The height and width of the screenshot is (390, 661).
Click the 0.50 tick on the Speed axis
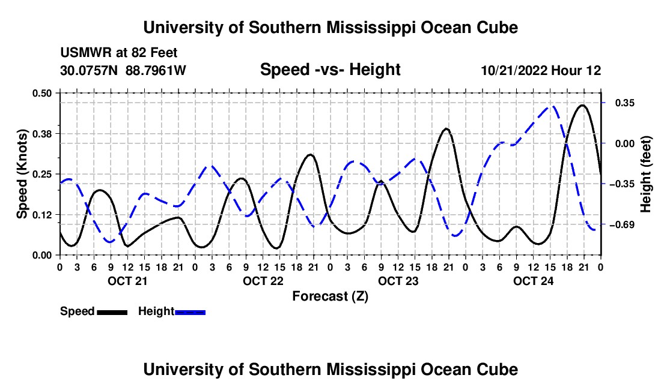click(x=41, y=93)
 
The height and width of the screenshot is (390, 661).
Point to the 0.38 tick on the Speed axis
click(x=41, y=134)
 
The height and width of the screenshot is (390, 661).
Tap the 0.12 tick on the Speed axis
click(x=41, y=215)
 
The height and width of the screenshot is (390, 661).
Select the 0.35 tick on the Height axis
click(x=625, y=103)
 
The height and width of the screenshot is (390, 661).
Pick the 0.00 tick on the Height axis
click(x=625, y=144)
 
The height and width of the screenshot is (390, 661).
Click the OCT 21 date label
click(x=127, y=281)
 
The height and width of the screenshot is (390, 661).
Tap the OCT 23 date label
click(x=398, y=281)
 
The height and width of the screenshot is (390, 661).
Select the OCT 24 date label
click(x=533, y=281)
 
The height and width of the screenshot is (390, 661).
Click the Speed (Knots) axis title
click(x=22, y=174)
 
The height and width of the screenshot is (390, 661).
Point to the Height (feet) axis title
click(x=645, y=174)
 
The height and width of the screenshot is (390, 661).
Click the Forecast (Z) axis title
click(x=330, y=296)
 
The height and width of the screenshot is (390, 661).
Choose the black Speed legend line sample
click(x=112, y=313)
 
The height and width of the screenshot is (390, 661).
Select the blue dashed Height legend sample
click(x=190, y=313)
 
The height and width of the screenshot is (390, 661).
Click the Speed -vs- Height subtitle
click(x=330, y=70)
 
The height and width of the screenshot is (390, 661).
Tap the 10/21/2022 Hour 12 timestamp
click(x=541, y=70)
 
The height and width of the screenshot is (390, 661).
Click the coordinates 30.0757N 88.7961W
click(x=123, y=70)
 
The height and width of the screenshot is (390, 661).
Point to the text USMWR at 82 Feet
click(x=119, y=53)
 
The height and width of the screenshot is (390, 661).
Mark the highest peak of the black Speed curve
click(x=583, y=105)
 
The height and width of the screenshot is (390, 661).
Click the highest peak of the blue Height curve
click(x=553, y=106)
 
